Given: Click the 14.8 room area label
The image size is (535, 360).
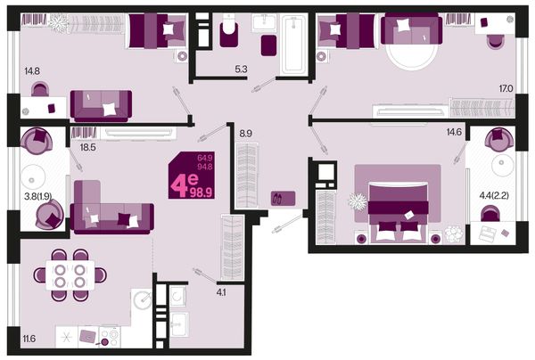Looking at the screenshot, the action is (x=32, y=71).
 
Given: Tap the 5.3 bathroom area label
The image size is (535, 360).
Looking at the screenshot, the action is (x=241, y=70).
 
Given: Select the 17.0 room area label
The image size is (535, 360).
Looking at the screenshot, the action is (x=506, y=89).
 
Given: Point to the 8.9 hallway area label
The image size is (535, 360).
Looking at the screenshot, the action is (x=246, y=134).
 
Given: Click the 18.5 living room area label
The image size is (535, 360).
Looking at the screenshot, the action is (x=87, y=148).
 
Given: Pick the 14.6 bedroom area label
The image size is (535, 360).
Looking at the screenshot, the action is (x=454, y=132).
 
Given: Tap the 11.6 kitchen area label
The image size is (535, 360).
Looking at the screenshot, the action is (x=29, y=339).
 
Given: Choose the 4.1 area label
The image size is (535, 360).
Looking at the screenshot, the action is (x=221, y=292).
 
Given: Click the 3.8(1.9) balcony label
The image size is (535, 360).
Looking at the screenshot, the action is (x=37, y=196).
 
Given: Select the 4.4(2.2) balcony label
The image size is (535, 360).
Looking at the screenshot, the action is (x=494, y=195).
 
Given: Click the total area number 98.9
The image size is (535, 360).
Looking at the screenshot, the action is (x=202, y=192).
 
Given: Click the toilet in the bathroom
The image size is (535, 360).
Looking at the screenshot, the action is (x=229, y=30).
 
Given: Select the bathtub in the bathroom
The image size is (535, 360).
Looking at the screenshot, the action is (x=292, y=44).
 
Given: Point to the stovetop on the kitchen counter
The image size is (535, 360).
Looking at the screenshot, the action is (x=110, y=337).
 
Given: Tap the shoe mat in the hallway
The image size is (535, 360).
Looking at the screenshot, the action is (x=283, y=199).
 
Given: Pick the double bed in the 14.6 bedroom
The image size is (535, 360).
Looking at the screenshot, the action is (x=398, y=212).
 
